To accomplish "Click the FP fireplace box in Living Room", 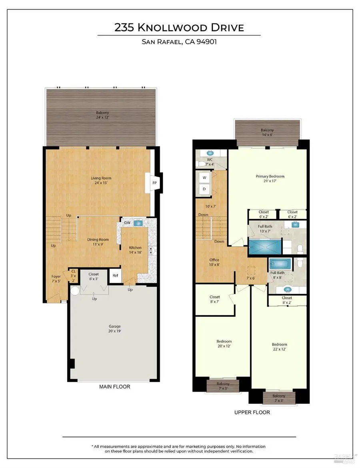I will (x=154, y=183).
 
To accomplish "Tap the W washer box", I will (x=204, y=177).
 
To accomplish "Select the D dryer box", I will (x=204, y=189).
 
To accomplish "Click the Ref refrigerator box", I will (x=115, y=275).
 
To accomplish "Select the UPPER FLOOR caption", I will (x=252, y=412).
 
